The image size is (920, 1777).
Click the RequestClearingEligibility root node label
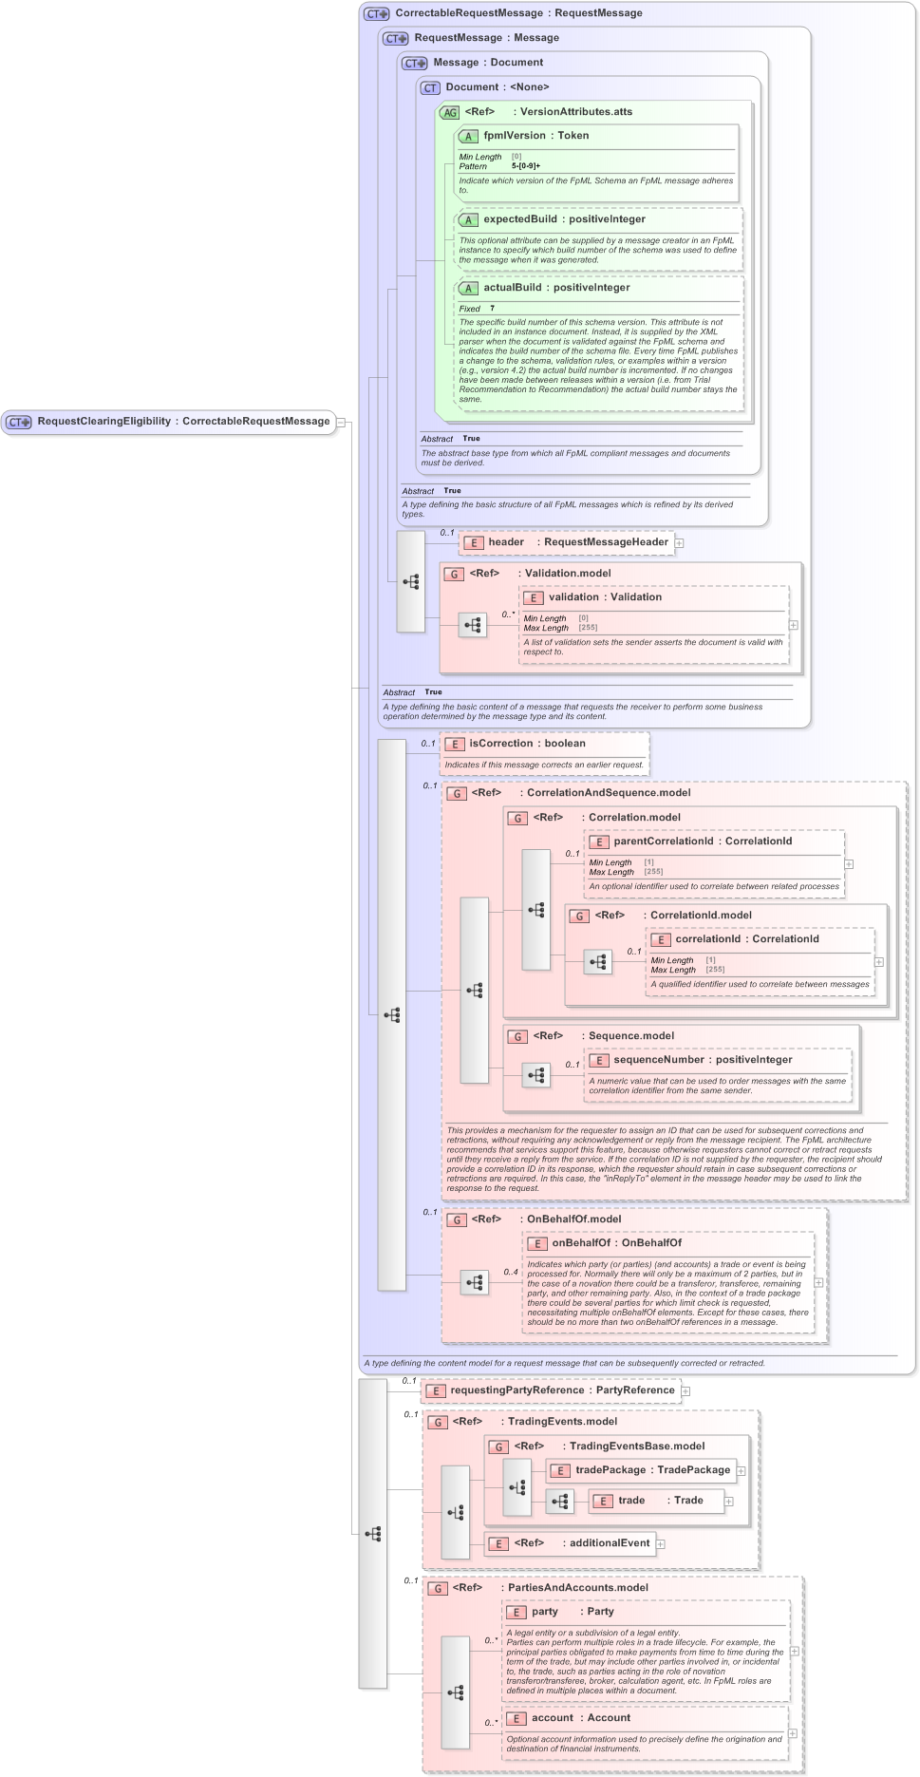click(x=104, y=422)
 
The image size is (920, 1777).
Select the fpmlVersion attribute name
click(x=514, y=136)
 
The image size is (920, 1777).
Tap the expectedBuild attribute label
click(x=519, y=219)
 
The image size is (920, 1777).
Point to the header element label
click(x=506, y=542)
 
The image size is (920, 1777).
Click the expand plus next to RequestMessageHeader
click(x=680, y=543)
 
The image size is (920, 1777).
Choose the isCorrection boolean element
click(x=500, y=744)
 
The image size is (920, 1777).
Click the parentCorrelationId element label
click(x=663, y=841)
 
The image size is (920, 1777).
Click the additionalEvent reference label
click(x=609, y=1543)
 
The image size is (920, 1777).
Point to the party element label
click(x=544, y=1612)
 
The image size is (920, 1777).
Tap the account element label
click(x=552, y=1718)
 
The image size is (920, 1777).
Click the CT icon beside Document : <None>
click(x=430, y=87)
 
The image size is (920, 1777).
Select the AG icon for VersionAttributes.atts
click(x=450, y=112)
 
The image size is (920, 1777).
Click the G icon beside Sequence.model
click(x=517, y=1036)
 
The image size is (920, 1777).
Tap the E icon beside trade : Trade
click(x=603, y=1502)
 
